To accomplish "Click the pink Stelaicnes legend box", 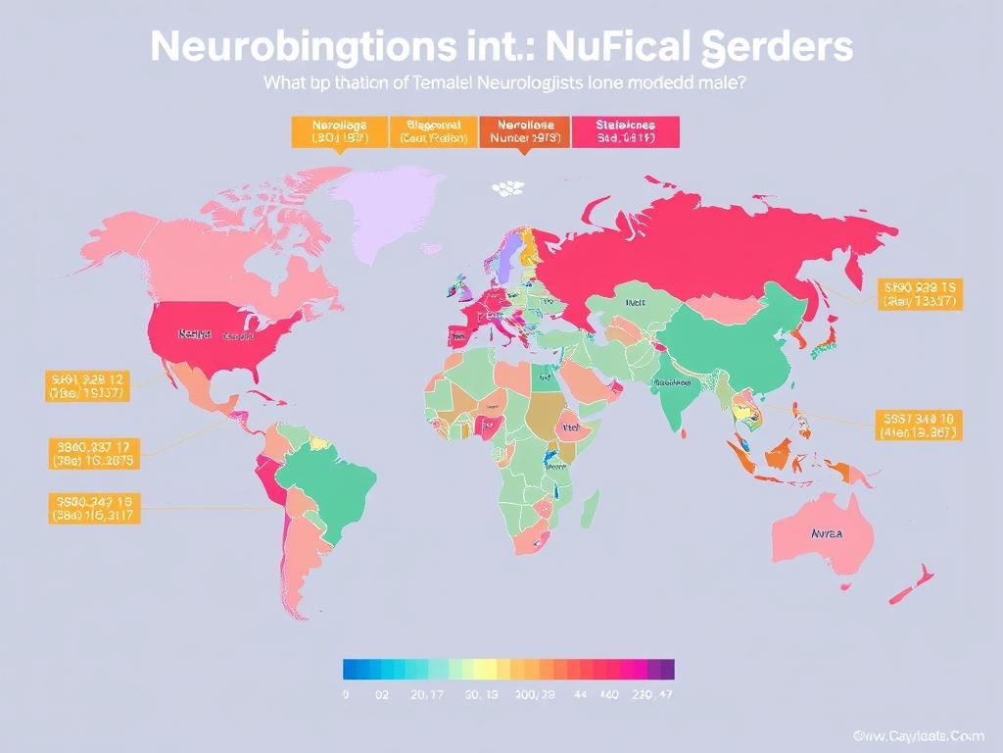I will (x=624, y=131).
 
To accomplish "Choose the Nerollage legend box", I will (x=338, y=131).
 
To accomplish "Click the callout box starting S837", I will (x=916, y=425).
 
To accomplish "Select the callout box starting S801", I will (x=87, y=385).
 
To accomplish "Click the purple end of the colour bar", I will (x=666, y=670).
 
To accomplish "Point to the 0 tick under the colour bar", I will (x=346, y=695).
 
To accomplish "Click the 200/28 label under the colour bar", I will (x=535, y=695).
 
